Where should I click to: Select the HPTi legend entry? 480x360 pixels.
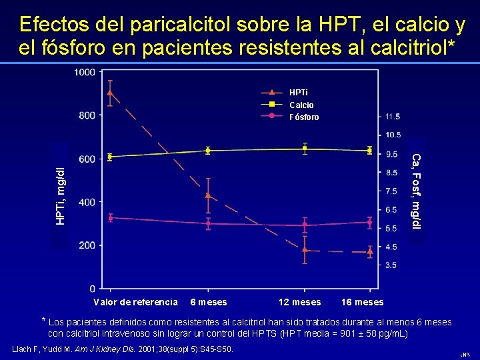coord(299,92)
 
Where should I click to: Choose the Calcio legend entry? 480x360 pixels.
coord(301,105)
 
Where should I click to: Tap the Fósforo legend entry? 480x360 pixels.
coord(304,117)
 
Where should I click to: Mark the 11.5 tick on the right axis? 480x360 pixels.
coord(393,117)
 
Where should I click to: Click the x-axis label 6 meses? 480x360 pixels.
coord(209,302)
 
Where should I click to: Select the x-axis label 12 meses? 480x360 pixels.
coord(299,302)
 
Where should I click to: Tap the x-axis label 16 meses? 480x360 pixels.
coord(362,302)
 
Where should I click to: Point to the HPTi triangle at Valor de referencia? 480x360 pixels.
coord(110,93)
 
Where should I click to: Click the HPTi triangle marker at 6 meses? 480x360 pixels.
coord(208,195)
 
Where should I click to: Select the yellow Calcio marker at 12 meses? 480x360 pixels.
coord(305,149)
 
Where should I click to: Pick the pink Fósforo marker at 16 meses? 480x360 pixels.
coord(369,223)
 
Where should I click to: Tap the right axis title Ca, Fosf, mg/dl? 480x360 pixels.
coord(416,191)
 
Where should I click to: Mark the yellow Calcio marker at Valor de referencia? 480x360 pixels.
coord(110,157)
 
